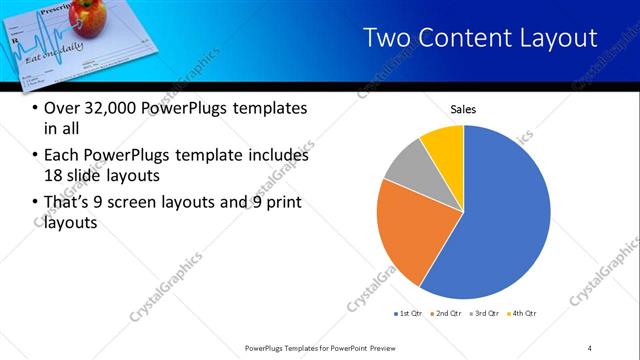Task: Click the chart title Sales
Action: click(x=463, y=109)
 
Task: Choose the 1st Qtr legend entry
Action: click(x=408, y=314)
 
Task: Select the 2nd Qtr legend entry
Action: click(x=444, y=314)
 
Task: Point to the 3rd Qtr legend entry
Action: click(x=484, y=314)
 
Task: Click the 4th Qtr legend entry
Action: click(x=523, y=314)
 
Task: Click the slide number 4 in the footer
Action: click(x=590, y=347)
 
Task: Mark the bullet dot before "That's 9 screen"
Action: click(x=36, y=204)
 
